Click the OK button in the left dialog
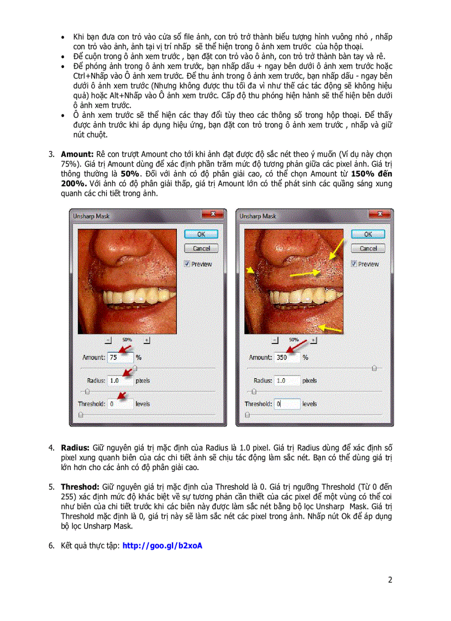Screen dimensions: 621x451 [x=201, y=234]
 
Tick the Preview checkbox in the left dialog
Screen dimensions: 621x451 [x=187, y=264]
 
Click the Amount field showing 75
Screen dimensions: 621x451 [x=120, y=357]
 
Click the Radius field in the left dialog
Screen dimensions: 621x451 [x=120, y=380]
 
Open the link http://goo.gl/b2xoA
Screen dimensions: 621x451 [x=162, y=546]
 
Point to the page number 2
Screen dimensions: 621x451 [x=390, y=580]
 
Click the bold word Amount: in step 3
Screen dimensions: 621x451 [x=76, y=153]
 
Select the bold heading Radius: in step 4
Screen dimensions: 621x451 [x=75, y=447]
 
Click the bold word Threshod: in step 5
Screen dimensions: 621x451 [x=81, y=487]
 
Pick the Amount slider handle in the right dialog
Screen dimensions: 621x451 [x=375, y=367]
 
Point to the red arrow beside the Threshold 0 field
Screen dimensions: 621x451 [x=123, y=395]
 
